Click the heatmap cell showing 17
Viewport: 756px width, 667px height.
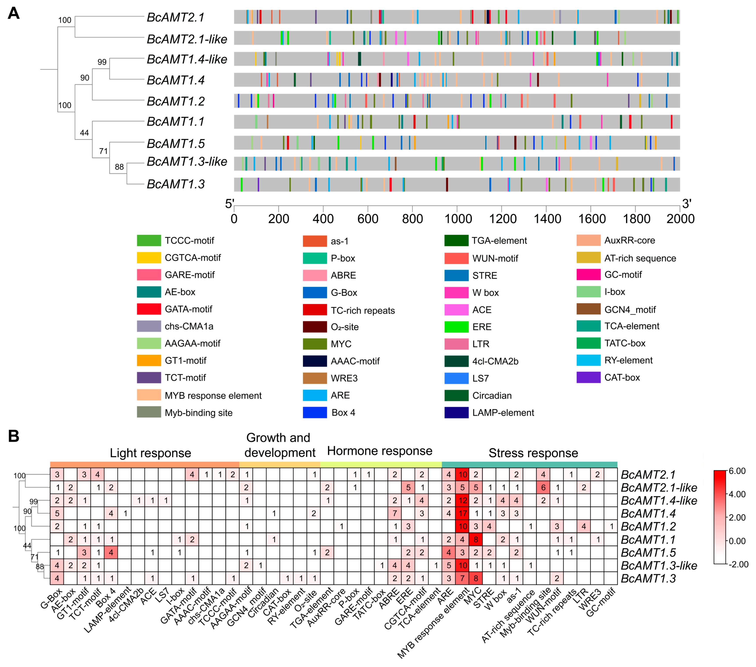click(462, 513)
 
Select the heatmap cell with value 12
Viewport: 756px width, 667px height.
click(462, 500)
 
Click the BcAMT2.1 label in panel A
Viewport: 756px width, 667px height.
click(176, 17)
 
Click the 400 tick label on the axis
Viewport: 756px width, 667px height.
click(323, 219)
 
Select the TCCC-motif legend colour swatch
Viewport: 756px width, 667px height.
click(149, 240)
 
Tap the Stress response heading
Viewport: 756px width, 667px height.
click(533, 453)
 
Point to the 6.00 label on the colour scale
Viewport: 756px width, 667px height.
click(737, 471)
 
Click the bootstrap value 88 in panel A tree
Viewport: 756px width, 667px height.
click(119, 167)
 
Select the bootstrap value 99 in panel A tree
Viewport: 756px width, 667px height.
click(102, 62)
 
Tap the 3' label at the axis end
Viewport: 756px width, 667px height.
click(687, 204)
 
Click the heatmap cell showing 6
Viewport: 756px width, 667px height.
click(543, 488)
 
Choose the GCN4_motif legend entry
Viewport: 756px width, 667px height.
click(630, 310)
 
